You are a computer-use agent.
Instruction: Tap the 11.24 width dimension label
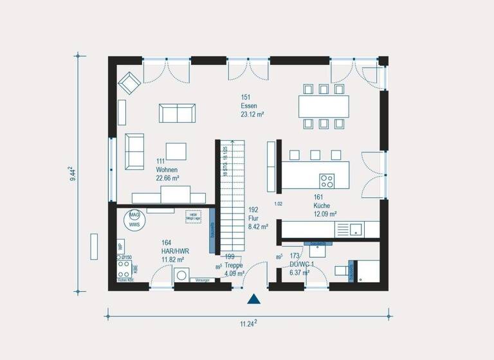248,323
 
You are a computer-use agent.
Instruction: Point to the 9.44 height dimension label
74,174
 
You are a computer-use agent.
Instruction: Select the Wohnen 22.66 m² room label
167,170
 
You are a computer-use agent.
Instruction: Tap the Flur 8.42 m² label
257,218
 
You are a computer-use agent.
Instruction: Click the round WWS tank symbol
134,219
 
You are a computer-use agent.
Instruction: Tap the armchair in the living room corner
129,82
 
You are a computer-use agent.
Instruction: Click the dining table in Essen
324,105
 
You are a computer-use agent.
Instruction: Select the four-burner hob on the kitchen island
327,179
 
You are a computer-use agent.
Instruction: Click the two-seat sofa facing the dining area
177,113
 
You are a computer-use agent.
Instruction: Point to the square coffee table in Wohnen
176,150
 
